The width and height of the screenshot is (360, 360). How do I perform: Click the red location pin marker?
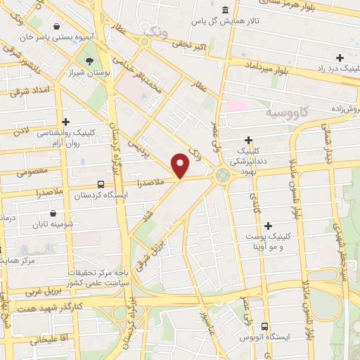click(x=181, y=165)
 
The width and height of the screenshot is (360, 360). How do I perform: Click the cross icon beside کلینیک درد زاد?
click(x=340, y=58)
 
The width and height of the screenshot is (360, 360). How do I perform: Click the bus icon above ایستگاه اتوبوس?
click(x=264, y=326)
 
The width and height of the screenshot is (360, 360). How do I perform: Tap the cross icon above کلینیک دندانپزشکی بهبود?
click(x=249, y=140)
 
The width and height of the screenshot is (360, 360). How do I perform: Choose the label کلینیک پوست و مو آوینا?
click(x=281, y=243)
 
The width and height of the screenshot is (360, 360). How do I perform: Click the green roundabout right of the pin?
click(x=224, y=174)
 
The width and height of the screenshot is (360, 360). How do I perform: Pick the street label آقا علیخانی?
click(x=47, y=339)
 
